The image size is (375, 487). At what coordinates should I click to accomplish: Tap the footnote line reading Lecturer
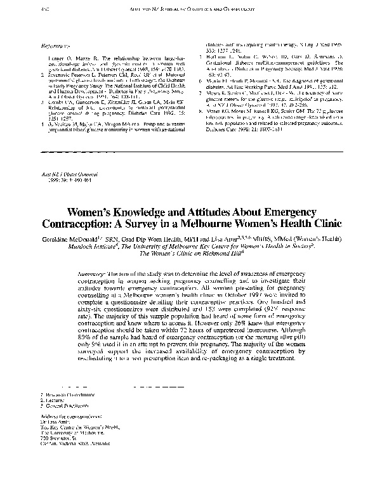[x=51, y=400]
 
